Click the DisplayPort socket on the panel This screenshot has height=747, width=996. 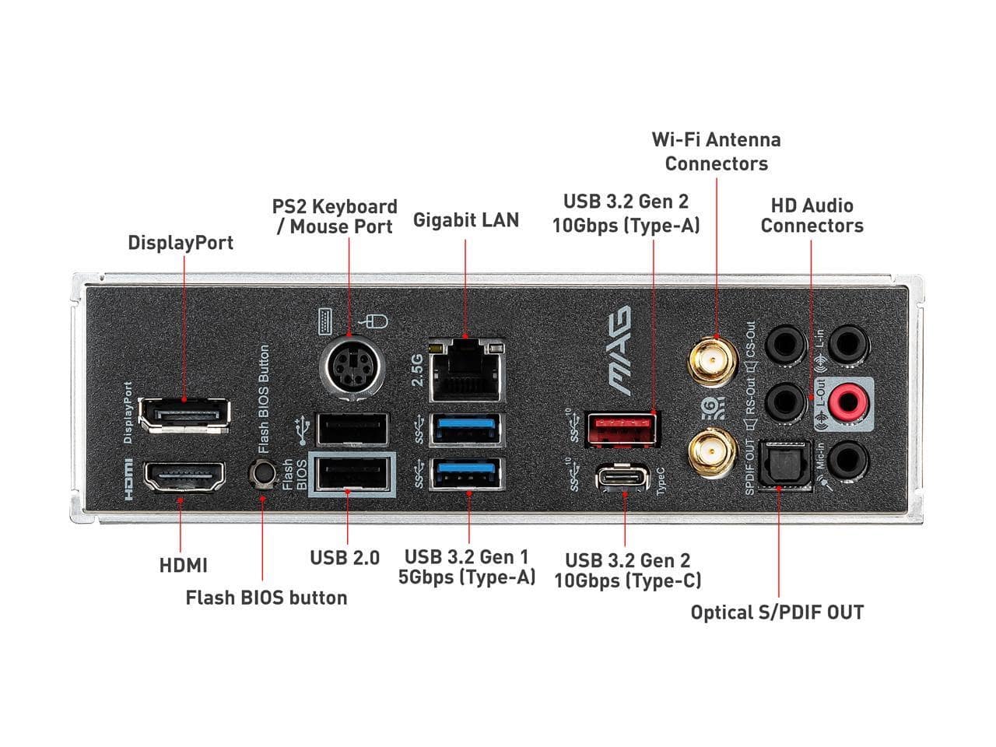(184, 415)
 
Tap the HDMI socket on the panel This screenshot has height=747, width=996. (184, 477)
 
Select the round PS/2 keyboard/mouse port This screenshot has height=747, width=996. (352, 367)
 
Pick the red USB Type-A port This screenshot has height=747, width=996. (622, 429)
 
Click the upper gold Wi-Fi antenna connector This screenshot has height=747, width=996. (713, 362)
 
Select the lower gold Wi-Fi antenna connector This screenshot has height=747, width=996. (713, 452)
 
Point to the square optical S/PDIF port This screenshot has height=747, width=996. (784, 466)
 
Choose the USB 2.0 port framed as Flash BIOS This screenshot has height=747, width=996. (352, 475)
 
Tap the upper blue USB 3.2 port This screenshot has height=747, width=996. (467, 429)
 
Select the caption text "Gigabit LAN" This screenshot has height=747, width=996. (466, 220)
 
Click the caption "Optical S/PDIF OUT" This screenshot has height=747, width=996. (777, 612)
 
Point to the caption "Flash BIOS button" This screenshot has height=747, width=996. (266, 598)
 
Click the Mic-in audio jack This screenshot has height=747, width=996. (847, 461)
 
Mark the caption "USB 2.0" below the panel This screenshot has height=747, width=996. (345, 558)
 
